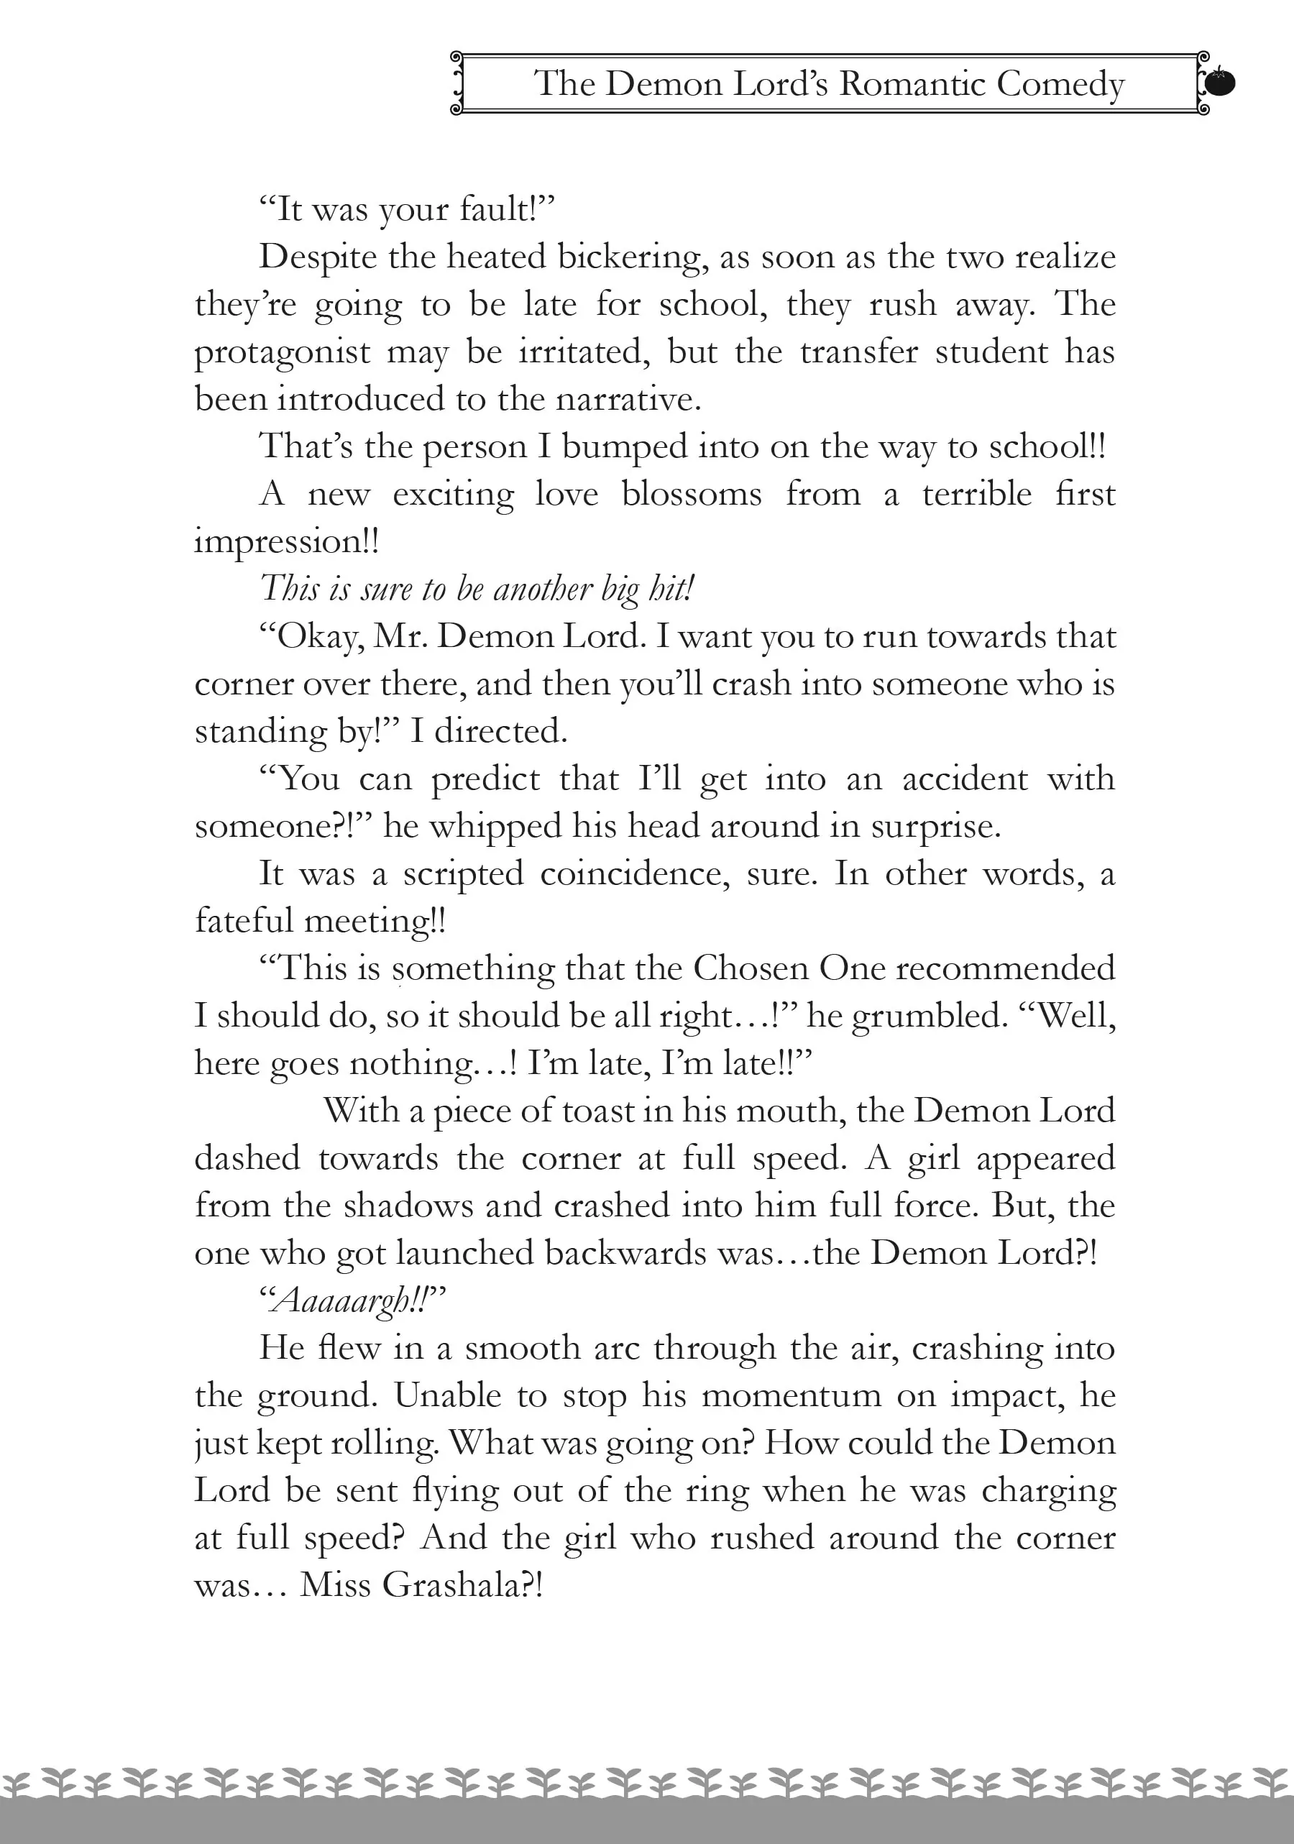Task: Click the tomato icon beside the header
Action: click(x=1220, y=82)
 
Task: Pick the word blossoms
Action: click(x=692, y=494)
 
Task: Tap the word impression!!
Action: click(x=287, y=542)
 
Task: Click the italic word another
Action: click(x=543, y=589)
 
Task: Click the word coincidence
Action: click(x=635, y=873)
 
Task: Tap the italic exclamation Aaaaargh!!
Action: click(x=352, y=1301)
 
